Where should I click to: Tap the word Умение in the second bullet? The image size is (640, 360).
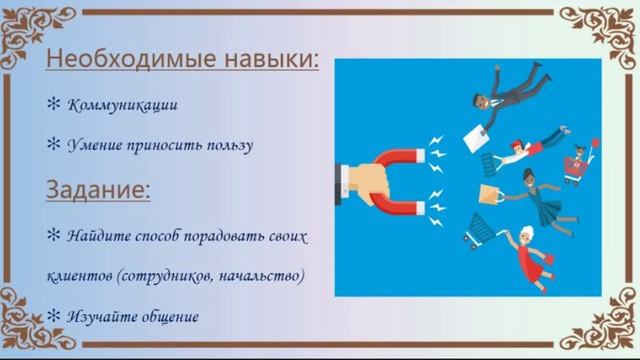[95, 145]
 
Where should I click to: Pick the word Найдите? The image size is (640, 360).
[99, 236]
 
